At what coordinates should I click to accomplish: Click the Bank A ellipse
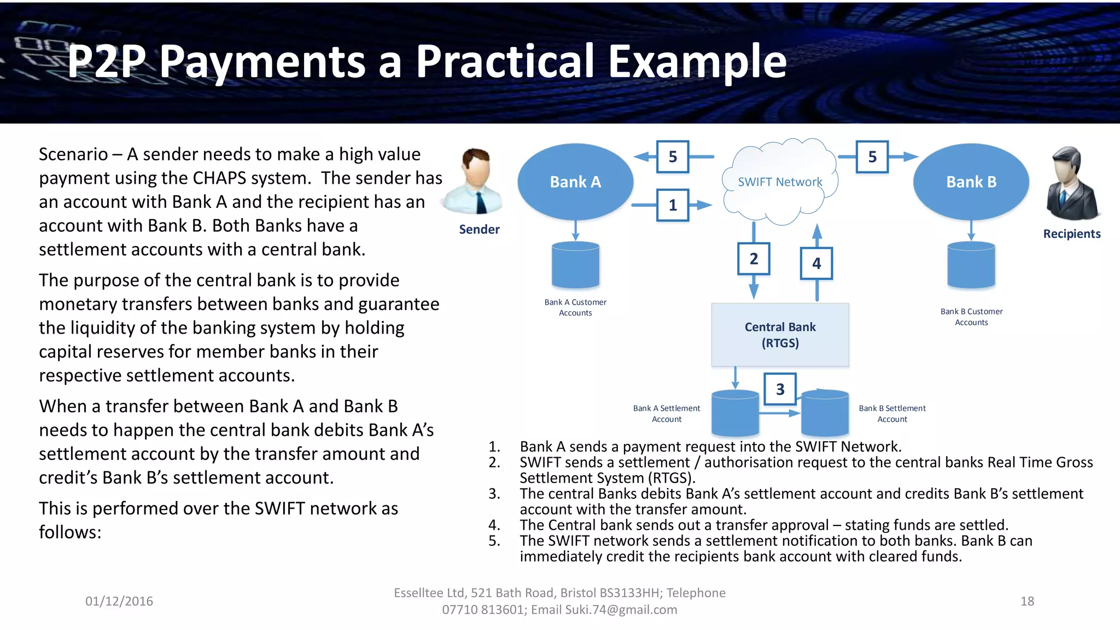click(x=575, y=182)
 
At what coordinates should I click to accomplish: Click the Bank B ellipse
click(x=971, y=182)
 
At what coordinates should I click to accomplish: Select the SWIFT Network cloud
click(x=780, y=182)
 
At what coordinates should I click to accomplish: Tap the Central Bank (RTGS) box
click(x=780, y=335)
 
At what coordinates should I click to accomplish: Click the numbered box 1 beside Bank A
click(x=673, y=205)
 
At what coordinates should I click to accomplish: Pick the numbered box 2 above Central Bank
click(x=754, y=259)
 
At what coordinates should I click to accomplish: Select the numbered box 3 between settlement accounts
click(x=780, y=389)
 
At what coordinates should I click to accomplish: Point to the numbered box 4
click(x=816, y=264)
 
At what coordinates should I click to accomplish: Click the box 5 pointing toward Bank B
click(x=872, y=157)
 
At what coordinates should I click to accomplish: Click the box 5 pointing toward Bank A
click(x=673, y=157)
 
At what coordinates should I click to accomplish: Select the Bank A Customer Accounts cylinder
click(x=575, y=266)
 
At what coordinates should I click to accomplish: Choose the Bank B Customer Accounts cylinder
click(x=971, y=266)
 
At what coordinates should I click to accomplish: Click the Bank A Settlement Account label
click(x=666, y=413)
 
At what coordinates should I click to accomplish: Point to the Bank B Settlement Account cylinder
click(x=825, y=413)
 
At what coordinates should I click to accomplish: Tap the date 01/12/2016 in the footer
click(x=119, y=601)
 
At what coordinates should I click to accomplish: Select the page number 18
click(x=1027, y=601)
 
